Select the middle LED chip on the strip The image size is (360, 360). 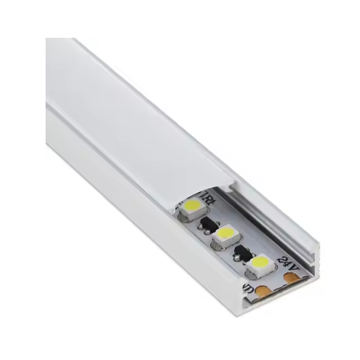tap(226, 234)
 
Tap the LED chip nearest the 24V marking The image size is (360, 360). tap(259, 263)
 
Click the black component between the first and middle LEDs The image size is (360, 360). tap(208, 224)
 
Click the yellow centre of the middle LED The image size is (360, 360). tap(226, 233)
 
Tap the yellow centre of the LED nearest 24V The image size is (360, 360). tap(260, 262)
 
